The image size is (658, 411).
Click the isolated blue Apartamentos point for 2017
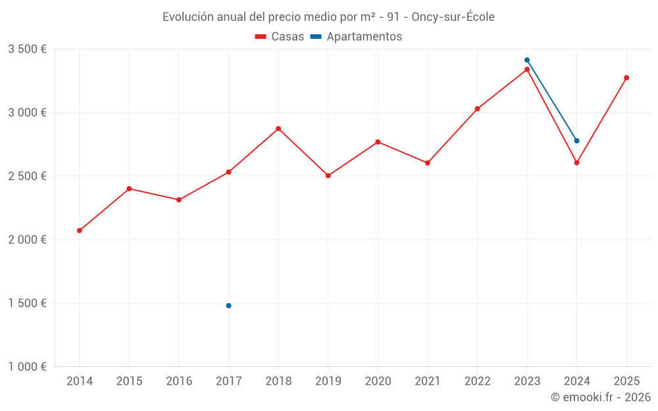pyautogui.click(x=228, y=306)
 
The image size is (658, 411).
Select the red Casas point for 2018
pyautogui.click(x=278, y=129)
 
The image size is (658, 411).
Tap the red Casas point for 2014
pyautogui.click(x=80, y=231)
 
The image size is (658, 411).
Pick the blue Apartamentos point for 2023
pyautogui.click(x=527, y=60)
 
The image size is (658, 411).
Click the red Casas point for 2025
pyautogui.click(x=626, y=78)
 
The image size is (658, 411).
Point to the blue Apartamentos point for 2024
pyautogui.click(x=577, y=141)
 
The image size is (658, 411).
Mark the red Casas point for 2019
pyautogui.click(x=328, y=176)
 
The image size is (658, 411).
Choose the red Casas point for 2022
pyautogui.click(x=477, y=109)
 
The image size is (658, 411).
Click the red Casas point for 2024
pyautogui.click(x=577, y=162)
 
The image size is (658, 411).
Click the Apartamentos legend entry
pyautogui.click(x=356, y=37)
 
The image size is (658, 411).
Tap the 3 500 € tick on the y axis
pyautogui.click(x=27, y=49)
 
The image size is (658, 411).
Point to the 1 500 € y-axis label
pyautogui.click(x=27, y=303)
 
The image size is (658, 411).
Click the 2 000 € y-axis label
pyautogui.click(x=27, y=240)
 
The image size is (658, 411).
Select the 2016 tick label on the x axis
pyautogui.click(x=179, y=381)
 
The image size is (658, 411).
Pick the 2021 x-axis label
pyautogui.click(x=428, y=381)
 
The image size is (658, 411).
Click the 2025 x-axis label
pyautogui.click(x=626, y=381)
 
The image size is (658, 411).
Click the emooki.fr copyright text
pyautogui.click(x=601, y=397)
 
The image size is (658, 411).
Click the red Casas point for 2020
pyautogui.click(x=378, y=142)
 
